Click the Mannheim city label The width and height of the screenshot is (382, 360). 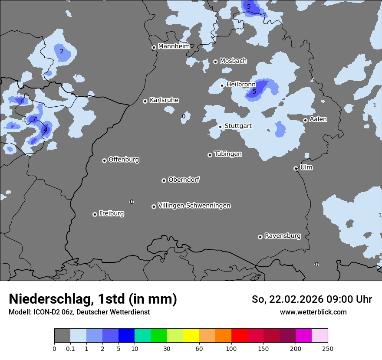point(174,46)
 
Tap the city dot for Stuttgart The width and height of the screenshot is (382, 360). point(220,127)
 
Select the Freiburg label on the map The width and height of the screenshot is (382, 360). point(111,213)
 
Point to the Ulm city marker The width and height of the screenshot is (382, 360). point(296,168)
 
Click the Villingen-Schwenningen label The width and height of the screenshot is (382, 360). point(194,206)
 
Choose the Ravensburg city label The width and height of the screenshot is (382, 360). point(282,236)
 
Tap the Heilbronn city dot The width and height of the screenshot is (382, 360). point(222,85)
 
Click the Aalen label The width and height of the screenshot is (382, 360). point(318,119)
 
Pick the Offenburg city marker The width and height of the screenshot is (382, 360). point(104,160)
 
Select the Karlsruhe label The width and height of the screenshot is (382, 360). point(164,100)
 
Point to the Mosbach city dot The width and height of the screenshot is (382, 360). point(215,62)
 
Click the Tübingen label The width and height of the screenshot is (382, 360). point(227,154)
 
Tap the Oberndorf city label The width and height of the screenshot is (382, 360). point(184,180)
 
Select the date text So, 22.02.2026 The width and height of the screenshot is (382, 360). point(287,299)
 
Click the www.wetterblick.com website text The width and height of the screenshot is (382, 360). point(313,312)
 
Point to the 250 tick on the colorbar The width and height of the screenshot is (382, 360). point(327,348)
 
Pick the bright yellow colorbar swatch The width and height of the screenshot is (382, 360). point(191,336)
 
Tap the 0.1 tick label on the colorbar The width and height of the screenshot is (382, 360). point(70,348)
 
